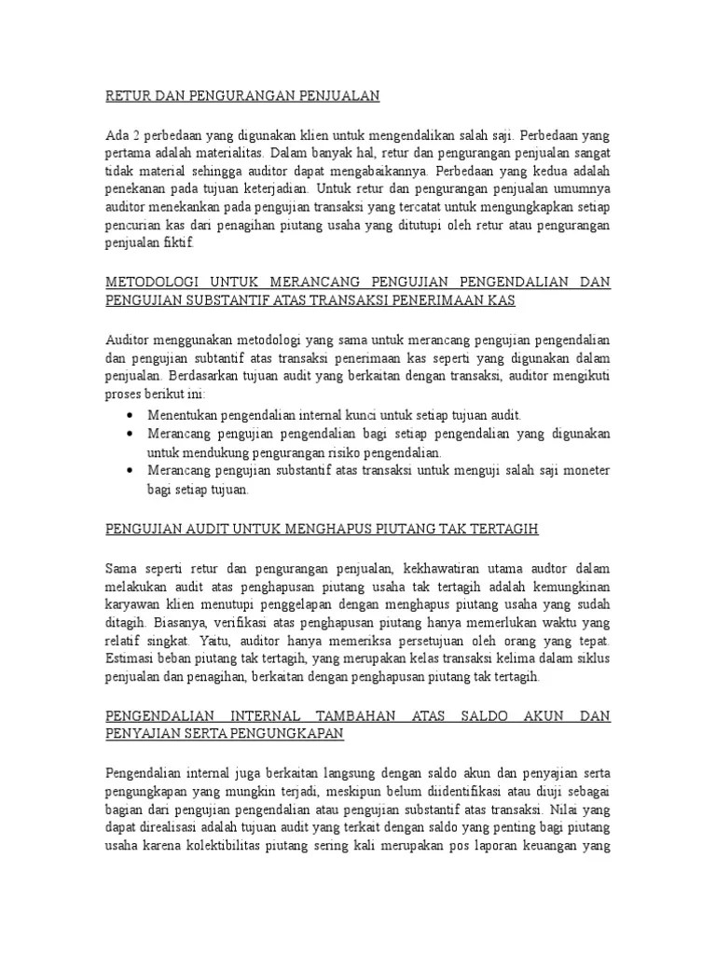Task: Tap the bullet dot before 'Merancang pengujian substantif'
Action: pos(128,471)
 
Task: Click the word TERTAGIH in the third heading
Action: pos(506,529)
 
